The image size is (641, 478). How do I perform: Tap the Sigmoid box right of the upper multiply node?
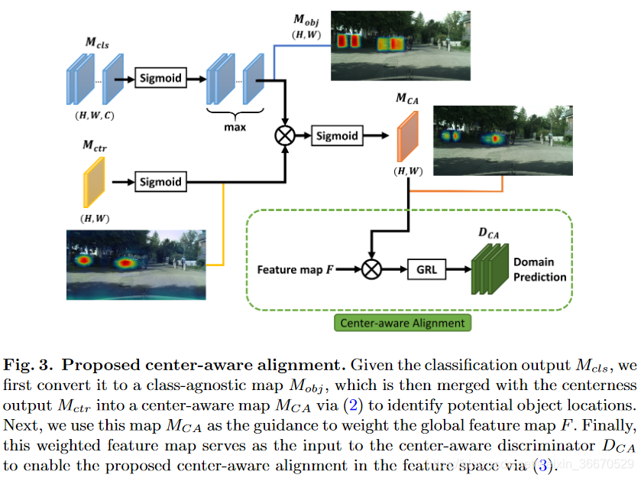click(x=336, y=135)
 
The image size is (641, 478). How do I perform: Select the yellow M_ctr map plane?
click(x=92, y=181)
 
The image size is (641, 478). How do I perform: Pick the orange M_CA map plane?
click(x=408, y=135)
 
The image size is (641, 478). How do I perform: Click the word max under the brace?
click(x=235, y=127)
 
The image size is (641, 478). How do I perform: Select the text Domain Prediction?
click(x=539, y=269)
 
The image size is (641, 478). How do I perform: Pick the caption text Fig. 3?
click(x=30, y=359)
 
